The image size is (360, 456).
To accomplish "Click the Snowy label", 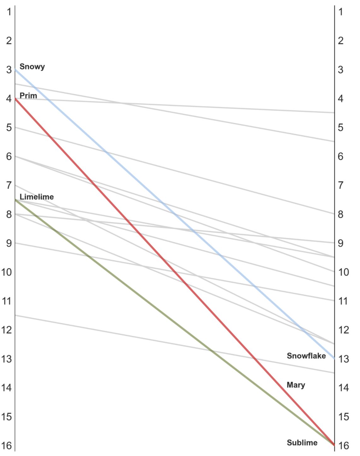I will click(x=32, y=66).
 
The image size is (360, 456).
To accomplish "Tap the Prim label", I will click(x=28, y=95).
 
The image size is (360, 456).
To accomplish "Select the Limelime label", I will click(x=37, y=197).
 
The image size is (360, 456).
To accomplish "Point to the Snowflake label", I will click(x=306, y=356).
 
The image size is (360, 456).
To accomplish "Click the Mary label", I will click(x=296, y=385).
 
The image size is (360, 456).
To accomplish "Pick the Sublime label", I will click(x=302, y=442).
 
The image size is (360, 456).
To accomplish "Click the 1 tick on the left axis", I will click(x=9, y=12).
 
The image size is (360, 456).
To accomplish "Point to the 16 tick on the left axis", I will click(x=6, y=445).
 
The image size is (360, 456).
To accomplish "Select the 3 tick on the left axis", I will click(x=9, y=70).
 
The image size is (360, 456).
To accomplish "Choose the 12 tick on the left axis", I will click(x=6, y=330).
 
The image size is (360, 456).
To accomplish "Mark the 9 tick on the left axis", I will click(x=9, y=243).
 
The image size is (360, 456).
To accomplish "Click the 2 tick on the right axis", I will click(x=340, y=41).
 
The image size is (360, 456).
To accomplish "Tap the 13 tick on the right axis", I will click(x=343, y=359).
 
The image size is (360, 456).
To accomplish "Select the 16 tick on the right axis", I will click(x=343, y=445).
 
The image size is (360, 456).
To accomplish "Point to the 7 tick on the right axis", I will click(x=340, y=185).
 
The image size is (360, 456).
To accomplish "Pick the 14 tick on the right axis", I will click(x=343, y=388).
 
